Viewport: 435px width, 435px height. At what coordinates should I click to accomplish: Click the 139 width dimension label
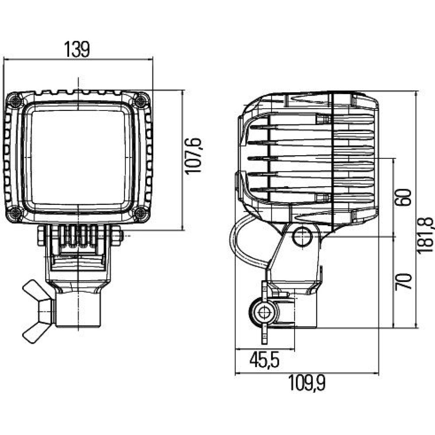tap(77, 49)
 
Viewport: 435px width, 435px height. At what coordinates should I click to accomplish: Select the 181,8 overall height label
tap(428, 236)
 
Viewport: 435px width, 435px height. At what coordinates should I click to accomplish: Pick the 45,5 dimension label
tap(264, 360)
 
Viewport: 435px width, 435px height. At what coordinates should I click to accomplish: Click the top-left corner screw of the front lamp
tap(15, 100)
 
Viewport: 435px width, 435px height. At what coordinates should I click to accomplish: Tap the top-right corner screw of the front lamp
tap(140, 100)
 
